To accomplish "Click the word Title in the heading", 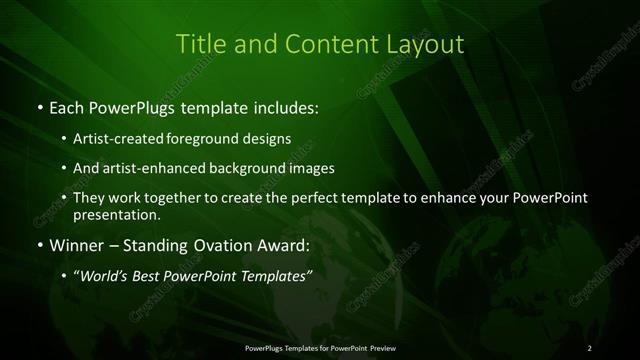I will pos(198,44).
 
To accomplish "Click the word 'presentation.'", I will pos(115,214).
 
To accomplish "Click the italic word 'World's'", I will pos(105,274).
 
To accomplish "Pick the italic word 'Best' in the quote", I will pos(152,274).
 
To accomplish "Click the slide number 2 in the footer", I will pos(590,348).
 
